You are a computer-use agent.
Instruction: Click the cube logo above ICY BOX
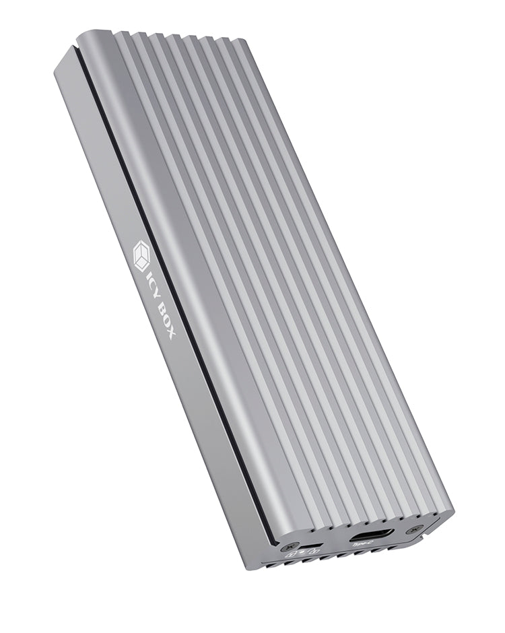pos(141,255)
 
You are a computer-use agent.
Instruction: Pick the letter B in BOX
pos(161,307)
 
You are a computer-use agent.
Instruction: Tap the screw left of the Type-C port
pos(290,546)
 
